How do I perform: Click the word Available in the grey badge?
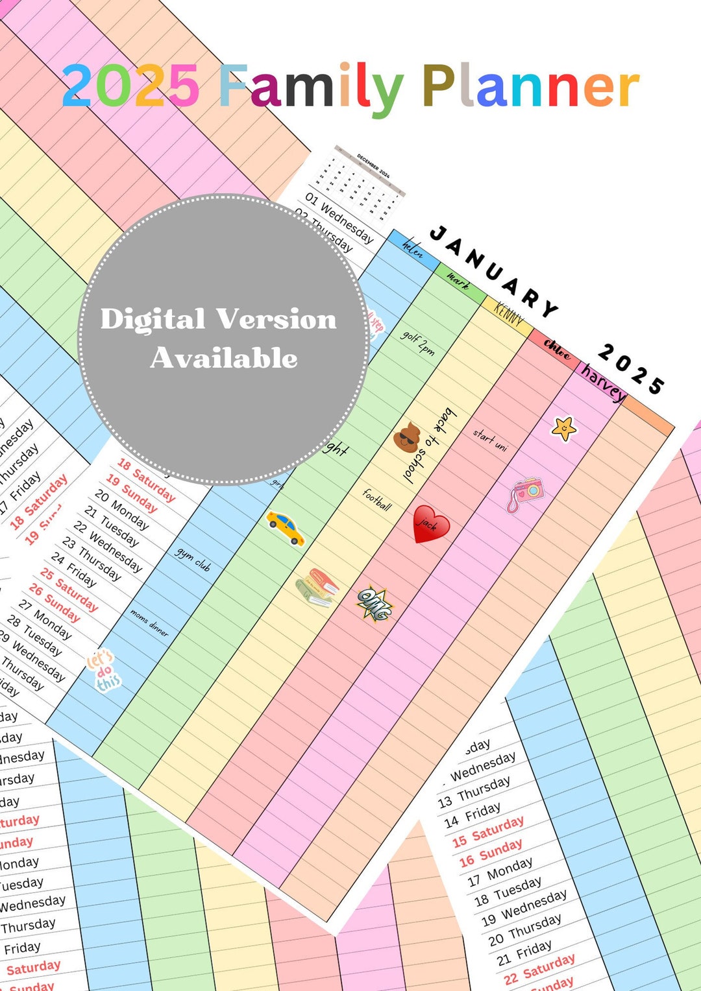coord(224,358)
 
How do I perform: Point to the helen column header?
coord(412,248)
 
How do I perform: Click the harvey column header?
coord(604,383)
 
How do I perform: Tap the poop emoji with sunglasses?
coord(407,436)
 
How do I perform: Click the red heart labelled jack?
coord(430,523)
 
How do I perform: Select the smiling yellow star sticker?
coord(563,428)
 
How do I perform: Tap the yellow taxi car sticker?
coord(286,527)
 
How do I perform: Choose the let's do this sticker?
coord(105,670)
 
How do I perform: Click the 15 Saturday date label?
coord(488,831)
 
